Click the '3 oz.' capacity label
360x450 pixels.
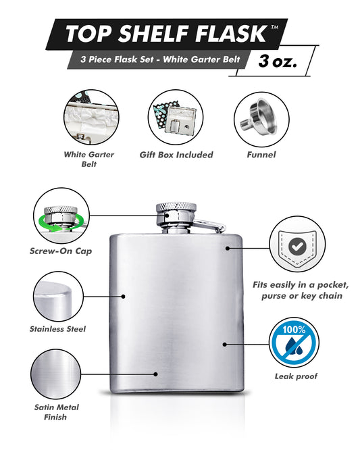[277, 61]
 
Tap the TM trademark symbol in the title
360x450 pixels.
[274, 28]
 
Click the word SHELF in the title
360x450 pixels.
[153, 33]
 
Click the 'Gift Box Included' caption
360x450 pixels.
[176, 155]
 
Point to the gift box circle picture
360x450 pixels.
[175, 117]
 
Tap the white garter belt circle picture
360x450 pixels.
[91, 117]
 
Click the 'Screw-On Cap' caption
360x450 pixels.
[61, 251]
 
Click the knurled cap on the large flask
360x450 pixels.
[176, 207]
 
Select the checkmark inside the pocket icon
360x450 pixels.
[297, 246]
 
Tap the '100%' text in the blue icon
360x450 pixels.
[294, 330]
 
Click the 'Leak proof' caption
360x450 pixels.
[296, 376]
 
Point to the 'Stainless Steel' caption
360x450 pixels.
[57, 329]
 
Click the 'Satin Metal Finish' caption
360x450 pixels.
[56, 412]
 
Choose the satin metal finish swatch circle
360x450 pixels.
[55, 374]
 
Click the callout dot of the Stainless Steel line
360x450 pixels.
[124, 296]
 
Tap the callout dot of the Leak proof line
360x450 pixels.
[225, 344]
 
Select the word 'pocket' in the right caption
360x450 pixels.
[333, 284]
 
